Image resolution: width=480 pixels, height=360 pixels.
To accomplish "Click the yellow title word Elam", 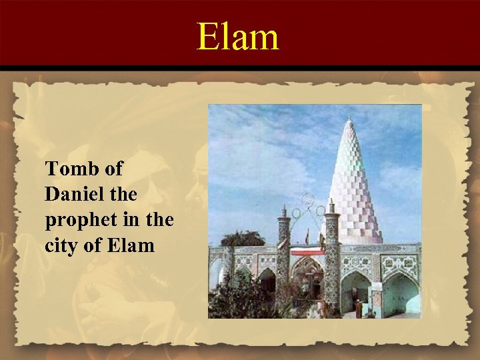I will (x=238, y=36).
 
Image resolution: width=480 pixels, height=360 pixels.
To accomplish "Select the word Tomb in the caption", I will (x=70, y=170).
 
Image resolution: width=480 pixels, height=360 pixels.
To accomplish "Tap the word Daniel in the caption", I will (x=74, y=195).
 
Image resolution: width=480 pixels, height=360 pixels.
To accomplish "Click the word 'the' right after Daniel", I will (x=121, y=195).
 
